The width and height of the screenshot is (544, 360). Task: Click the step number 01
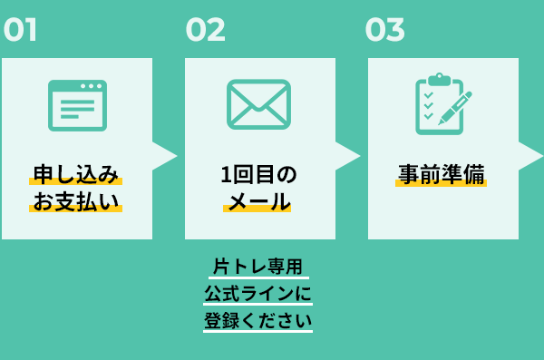click(20, 30)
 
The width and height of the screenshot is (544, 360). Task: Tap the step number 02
click(205, 30)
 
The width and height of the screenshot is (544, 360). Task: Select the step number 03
click(384, 30)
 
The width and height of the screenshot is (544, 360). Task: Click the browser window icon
click(77, 105)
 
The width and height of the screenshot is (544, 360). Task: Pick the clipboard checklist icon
click(437, 104)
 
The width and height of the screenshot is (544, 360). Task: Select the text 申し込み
click(77, 173)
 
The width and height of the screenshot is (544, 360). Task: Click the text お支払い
click(77, 200)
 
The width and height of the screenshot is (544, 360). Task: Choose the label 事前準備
click(442, 173)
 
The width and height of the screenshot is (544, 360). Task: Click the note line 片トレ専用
click(258, 267)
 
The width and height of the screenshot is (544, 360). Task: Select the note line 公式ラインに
click(258, 294)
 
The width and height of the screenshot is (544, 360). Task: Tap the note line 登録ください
click(258, 321)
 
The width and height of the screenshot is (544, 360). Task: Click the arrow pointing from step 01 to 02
click(163, 155)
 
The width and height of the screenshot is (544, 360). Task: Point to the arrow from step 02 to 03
click(346, 155)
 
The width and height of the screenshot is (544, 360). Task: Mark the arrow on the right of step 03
click(529, 155)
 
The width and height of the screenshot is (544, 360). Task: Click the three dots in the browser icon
click(91, 86)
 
